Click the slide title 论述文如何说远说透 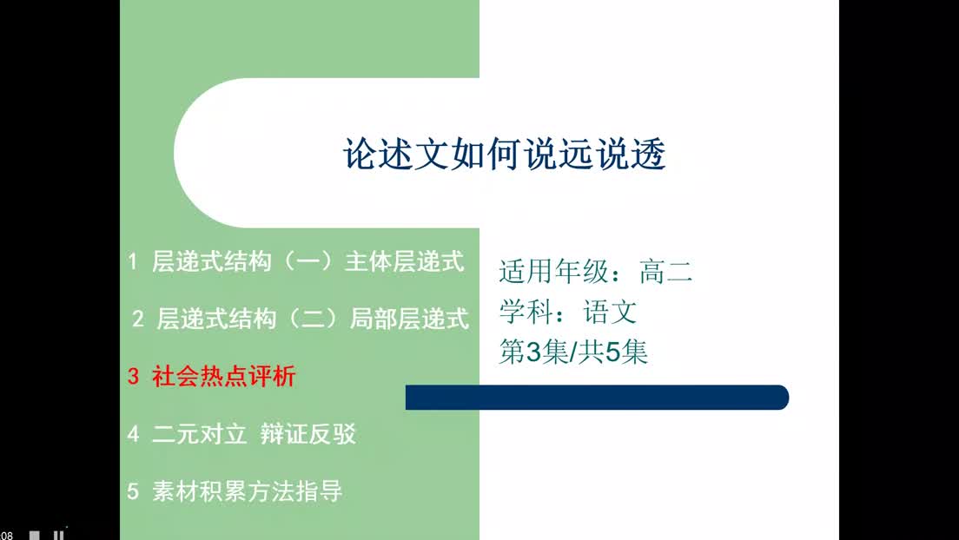pyautogui.click(x=505, y=153)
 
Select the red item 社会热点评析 pyautogui.click(x=224, y=376)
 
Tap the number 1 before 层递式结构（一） pyautogui.click(x=132, y=261)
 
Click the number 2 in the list pyautogui.click(x=137, y=319)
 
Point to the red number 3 pyautogui.click(x=133, y=376)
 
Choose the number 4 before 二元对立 pyautogui.click(x=133, y=433)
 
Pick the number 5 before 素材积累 pyautogui.click(x=133, y=491)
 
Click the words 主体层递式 pyautogui.click(x=405, y=261)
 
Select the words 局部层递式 pyautogui.click(x=410, y=319)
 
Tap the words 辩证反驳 pyautogui.click(x=308, y=433)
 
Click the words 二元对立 pyautogui.click(x=200, y=433)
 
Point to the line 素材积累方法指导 pyautogui.click(x=247, y=491)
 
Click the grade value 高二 pyautogui.click(x=666, y=271)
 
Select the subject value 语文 pyautogui.click(x=611, y=312)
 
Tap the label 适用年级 pyautogui.click(x=553, y=271)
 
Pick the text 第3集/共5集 pyautogui.click(x=573, y=352)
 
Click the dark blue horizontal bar pyautogui.click(x=597, y=398)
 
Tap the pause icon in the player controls pyautogui.click(x=58, y=536)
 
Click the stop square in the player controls pyautogui.click(x=35, y=536)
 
